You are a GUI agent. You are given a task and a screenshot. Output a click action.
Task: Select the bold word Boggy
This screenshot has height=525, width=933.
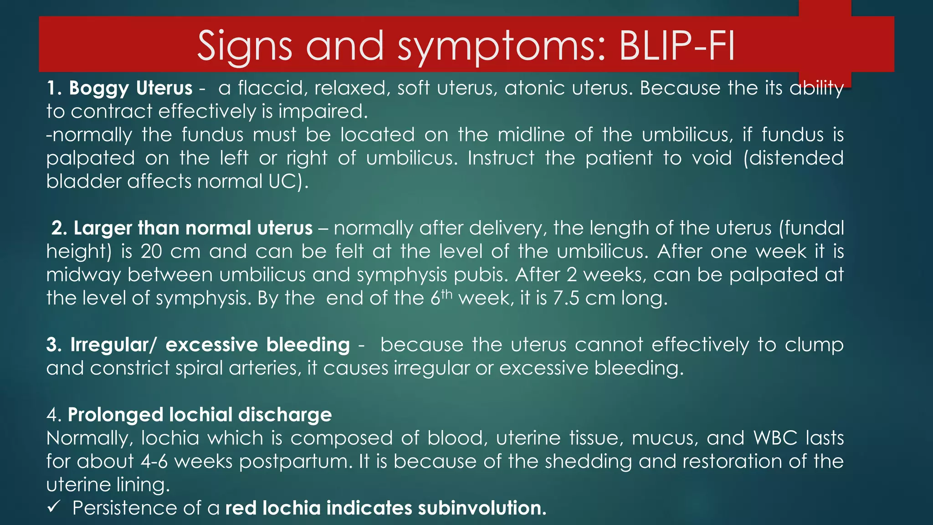(x=99, y=88)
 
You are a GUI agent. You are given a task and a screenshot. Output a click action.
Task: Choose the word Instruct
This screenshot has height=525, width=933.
(x=501, y=158)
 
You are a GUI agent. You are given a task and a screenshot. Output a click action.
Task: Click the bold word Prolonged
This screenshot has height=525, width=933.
(x=115, y=415)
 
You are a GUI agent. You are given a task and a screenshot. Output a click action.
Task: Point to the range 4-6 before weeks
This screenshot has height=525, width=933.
(x=154, y=461)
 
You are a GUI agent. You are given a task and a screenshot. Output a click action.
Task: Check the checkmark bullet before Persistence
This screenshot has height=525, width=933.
(x=54, y=506)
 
